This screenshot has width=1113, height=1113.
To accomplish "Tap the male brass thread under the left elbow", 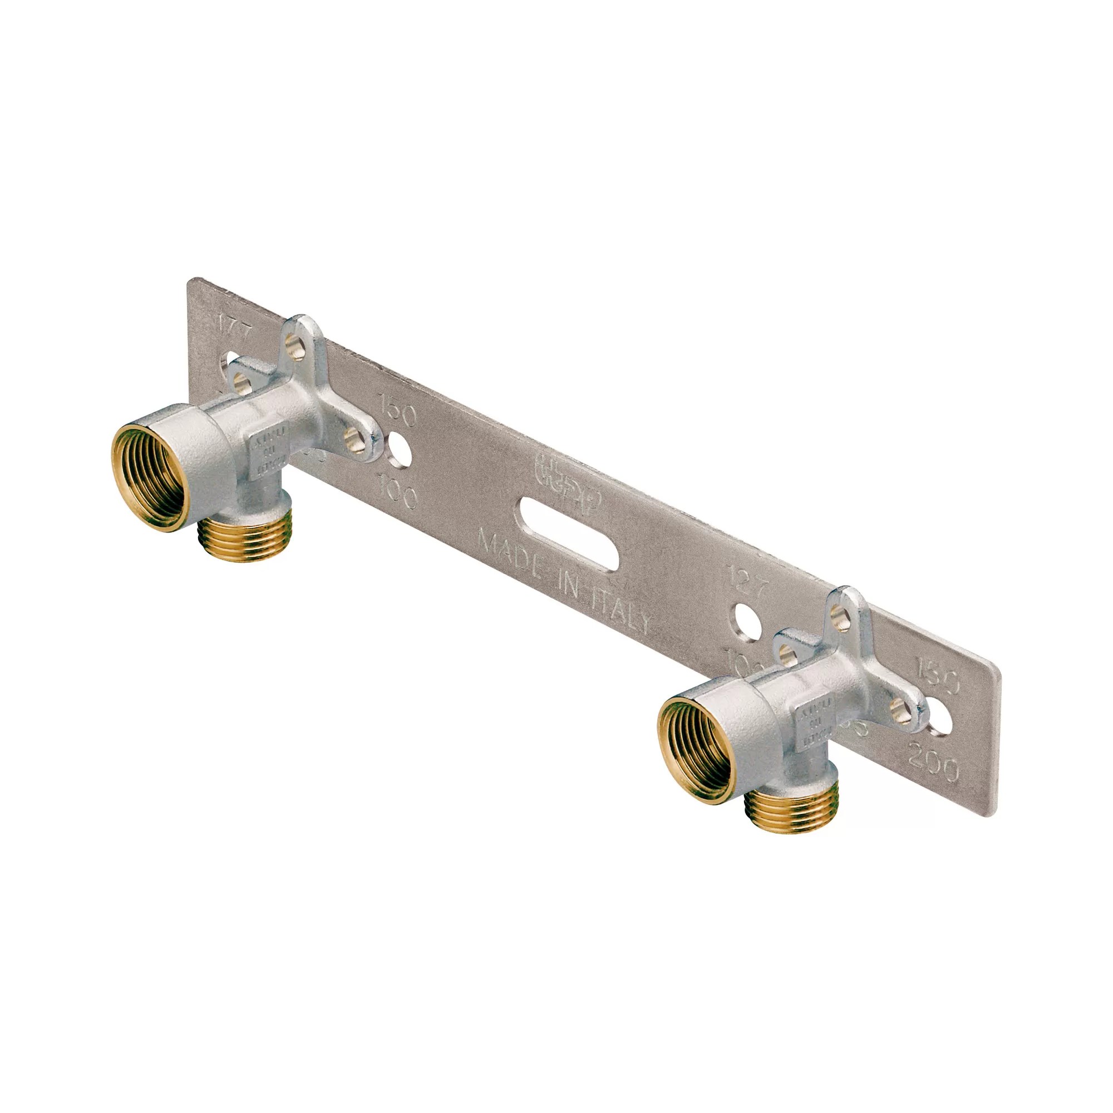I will (247, 541).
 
